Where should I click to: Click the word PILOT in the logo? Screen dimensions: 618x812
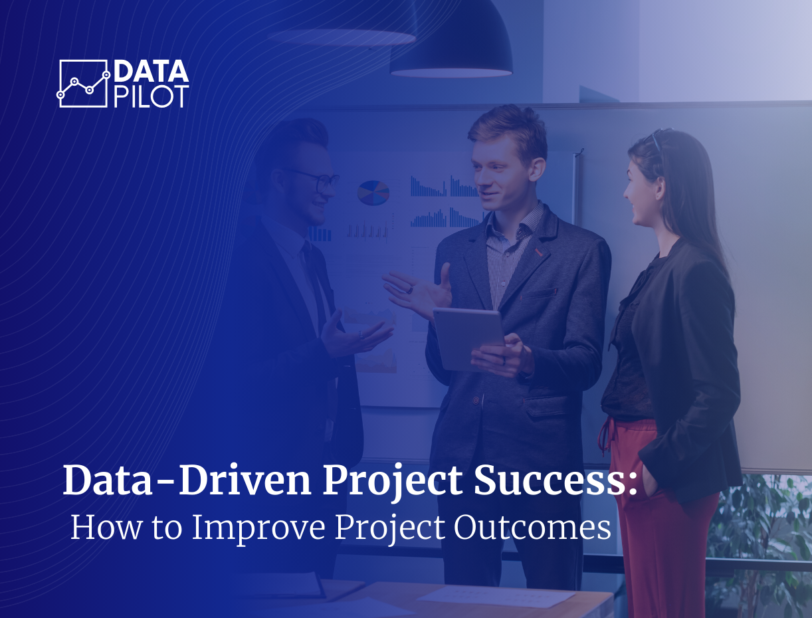click(152, 96)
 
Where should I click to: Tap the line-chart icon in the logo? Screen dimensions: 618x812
click(83, 84)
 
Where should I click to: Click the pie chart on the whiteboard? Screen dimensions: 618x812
click(373, 192)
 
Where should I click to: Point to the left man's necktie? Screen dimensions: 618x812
click(312, 279)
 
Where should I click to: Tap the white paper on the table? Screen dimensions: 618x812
click(495, 595)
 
